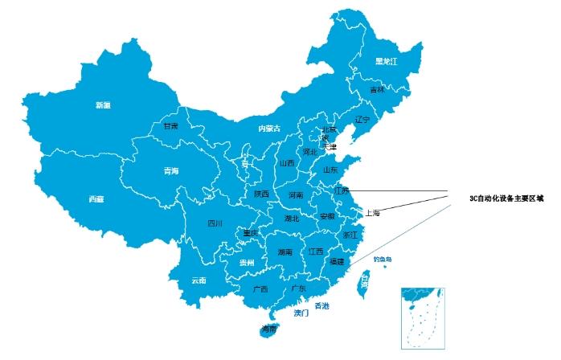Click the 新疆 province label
click(x=102, y=105)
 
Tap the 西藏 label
click(x=96, y=198)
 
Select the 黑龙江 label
click(x=387, y=62)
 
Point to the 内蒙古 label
click(x=269, y=129)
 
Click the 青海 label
click(x=170, y=171)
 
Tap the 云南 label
click(x=199, y=280)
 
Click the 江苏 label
click(x=342, y=190)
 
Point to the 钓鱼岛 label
click(x=383, y=259)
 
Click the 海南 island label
click(x=270, y=329)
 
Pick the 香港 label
click(x=321, y=306)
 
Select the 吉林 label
click(x=377, y=90)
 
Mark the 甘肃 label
click(x=170, y=126)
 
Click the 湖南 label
click(x=285, y=252)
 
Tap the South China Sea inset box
click(x=422, y=317)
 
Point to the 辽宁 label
click(x=362, y=119)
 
